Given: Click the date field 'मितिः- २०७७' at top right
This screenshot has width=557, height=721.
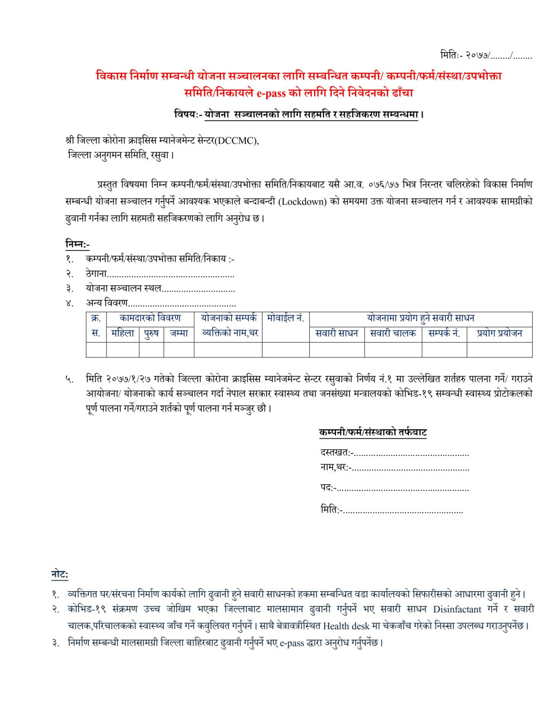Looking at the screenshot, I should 486,56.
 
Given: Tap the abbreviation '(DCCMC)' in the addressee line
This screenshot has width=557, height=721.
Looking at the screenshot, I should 237,141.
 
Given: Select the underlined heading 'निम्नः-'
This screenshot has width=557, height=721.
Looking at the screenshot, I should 77,244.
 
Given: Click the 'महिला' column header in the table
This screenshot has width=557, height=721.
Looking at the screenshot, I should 123,333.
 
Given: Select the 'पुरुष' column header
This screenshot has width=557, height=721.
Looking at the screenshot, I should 151,333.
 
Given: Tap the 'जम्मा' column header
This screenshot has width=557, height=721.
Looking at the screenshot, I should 178,333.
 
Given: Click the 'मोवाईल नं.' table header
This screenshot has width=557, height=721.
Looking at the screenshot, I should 286,318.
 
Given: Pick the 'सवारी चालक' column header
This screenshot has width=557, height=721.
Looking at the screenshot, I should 392,333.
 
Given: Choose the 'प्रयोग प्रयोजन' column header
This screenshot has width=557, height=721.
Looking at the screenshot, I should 499,333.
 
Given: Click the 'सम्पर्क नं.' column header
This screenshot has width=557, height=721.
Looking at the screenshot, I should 444,333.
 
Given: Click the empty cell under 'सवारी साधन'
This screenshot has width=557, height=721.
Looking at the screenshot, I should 337,350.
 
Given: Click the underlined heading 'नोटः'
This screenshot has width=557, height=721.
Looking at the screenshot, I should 59,575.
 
